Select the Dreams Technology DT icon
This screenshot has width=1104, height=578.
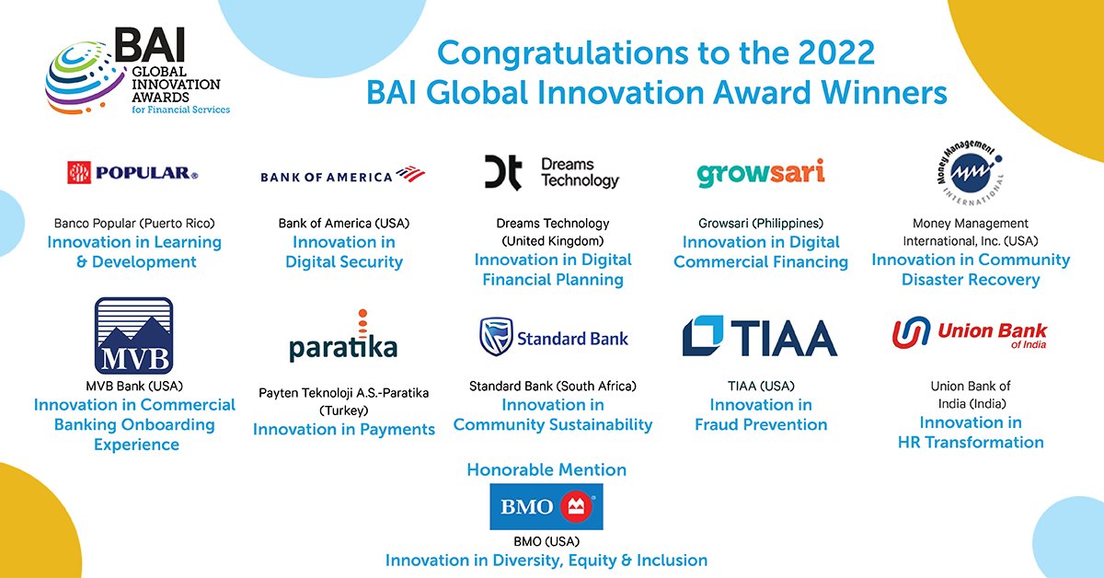[x=503, y=172]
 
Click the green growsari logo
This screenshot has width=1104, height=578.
[x=760, y=173]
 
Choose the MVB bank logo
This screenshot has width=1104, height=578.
[x=134, y=334]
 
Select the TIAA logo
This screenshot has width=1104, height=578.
[x=760, y=337]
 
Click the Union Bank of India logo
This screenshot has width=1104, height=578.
[x=971, y=333]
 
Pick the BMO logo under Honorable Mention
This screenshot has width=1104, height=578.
[x=546, y=506]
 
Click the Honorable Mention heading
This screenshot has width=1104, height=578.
[x=546, y=469]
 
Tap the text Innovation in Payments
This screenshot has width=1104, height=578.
[x=344, y=429]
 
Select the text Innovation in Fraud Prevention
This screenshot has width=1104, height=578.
[x=761, y=414]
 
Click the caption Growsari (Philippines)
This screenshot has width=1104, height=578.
[x=761, y=223]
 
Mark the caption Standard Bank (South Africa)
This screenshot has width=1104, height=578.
[x=553, y=386]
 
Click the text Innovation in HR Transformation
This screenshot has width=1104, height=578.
[x=971, y=433]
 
